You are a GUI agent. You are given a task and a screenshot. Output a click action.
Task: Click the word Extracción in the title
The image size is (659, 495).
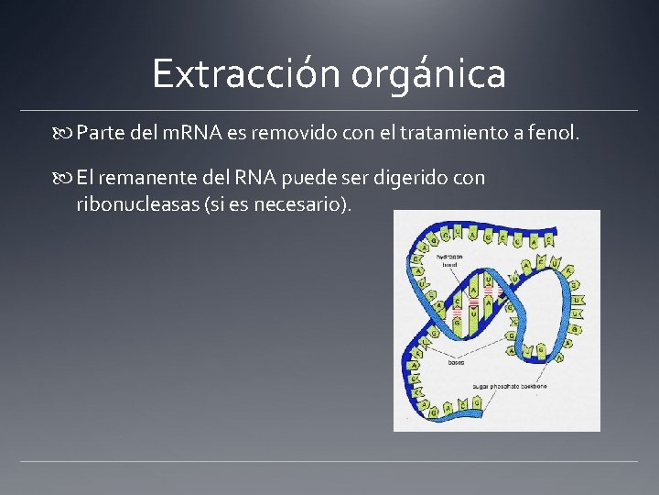click(x=233, y=73)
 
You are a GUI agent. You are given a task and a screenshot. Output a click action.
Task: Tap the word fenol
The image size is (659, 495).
click(x=553, y=135)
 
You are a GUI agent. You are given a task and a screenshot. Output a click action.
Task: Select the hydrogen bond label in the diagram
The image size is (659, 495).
click(x=448, y=261)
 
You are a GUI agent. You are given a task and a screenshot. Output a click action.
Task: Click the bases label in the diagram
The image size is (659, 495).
click(x=456, y=363)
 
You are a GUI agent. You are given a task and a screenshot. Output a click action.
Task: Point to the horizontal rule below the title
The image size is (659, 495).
click(x=329, y=110)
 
